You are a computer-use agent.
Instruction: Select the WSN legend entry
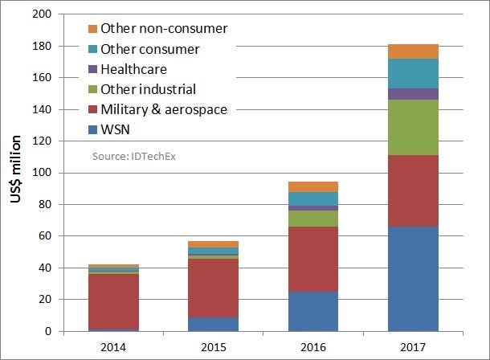115,129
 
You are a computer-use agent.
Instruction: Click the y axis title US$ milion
15,173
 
